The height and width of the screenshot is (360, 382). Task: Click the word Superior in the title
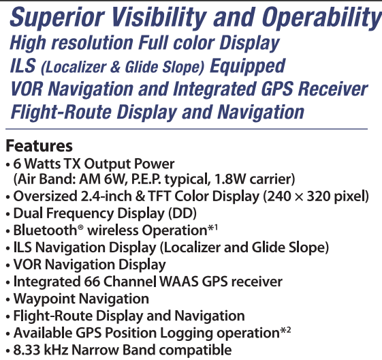point(57,17)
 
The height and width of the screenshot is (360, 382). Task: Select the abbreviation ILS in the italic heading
point(23,65)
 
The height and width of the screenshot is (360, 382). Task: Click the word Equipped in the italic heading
point(247,67)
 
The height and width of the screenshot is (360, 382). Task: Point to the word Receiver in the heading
point(333,89)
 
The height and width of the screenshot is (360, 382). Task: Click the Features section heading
point(39,146)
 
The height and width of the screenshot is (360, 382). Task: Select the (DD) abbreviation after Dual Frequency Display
point(182,213)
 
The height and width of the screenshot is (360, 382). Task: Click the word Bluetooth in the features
point(45,230)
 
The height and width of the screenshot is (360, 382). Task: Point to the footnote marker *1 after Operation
point(212,228)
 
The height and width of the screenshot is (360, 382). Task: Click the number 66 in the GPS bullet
point(92,282)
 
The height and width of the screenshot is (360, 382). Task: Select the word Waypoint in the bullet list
point(44,299)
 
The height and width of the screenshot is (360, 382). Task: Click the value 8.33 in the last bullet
point(27,350)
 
